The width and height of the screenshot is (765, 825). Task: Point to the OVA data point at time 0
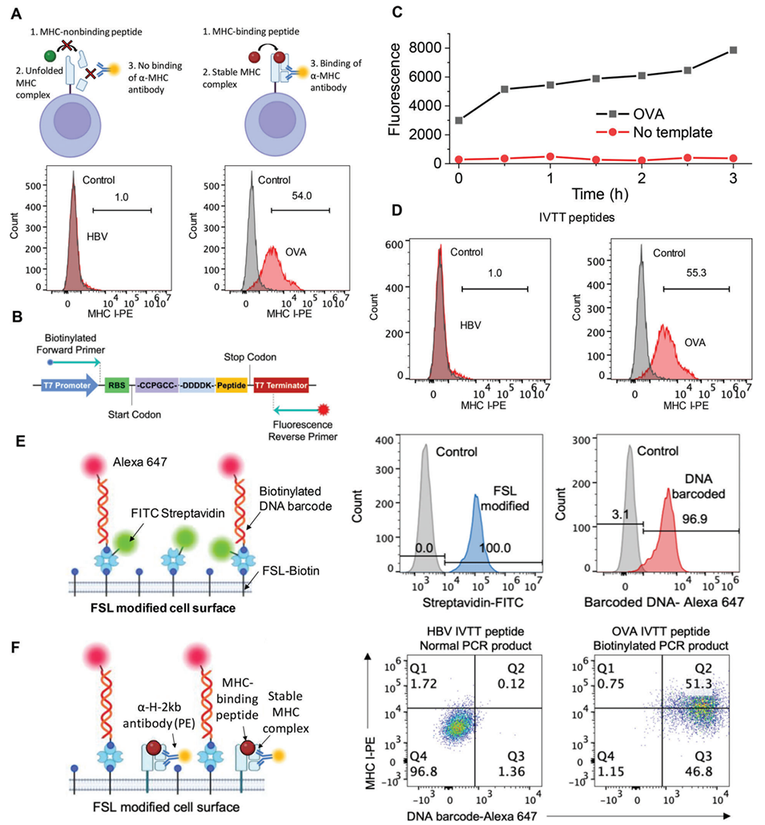point(458,120)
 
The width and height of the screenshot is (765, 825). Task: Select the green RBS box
point(117,386)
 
